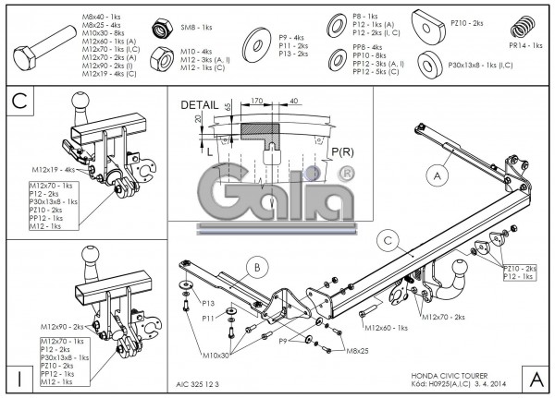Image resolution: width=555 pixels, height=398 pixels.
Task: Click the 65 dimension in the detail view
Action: pyautogui.click(x=228, y=108)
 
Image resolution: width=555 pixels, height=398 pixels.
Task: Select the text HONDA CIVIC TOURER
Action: pyautogui.click(x=447, y=376)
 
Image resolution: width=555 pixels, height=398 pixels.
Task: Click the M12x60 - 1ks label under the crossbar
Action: pyautogui.click(x=386, y=327)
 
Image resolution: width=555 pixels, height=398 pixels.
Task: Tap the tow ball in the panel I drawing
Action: pyautogui.click(x=93, y=254)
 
